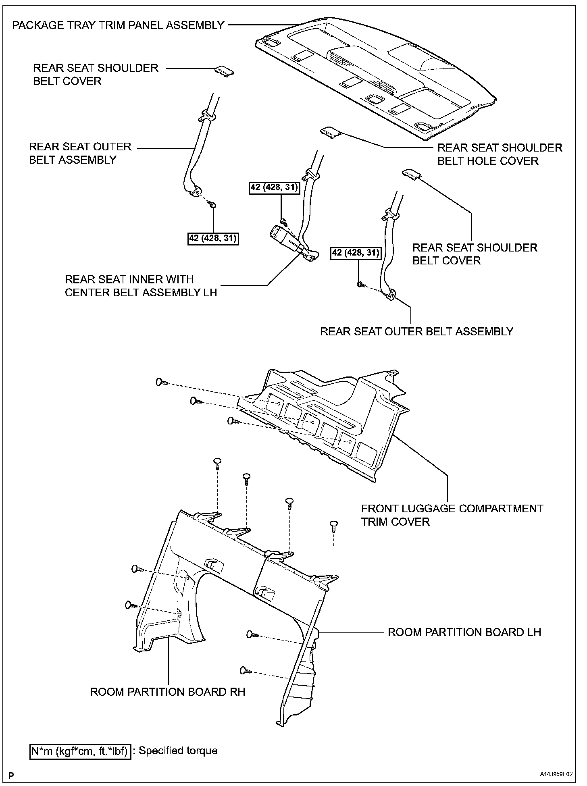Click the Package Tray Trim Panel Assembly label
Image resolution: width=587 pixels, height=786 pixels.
(118, 25)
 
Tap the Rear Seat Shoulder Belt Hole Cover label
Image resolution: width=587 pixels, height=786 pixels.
(500, 154)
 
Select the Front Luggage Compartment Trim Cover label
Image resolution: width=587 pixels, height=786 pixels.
(452, 515)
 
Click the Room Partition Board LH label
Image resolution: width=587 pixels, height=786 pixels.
(464, 632)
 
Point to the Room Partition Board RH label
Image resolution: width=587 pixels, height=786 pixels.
(168, 692)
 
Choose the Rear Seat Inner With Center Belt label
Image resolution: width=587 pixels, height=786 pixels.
(141, 286)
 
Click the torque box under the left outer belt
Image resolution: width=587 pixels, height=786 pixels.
(213, 239)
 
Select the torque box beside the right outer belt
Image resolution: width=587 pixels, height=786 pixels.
(356, 253)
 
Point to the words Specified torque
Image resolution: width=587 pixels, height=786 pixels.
(178, 751)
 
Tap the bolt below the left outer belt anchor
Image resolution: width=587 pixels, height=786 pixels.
(212, 206)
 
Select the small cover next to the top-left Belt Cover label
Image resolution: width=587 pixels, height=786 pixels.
(224, 71)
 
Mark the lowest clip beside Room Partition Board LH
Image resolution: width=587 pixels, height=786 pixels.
(245, 670)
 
